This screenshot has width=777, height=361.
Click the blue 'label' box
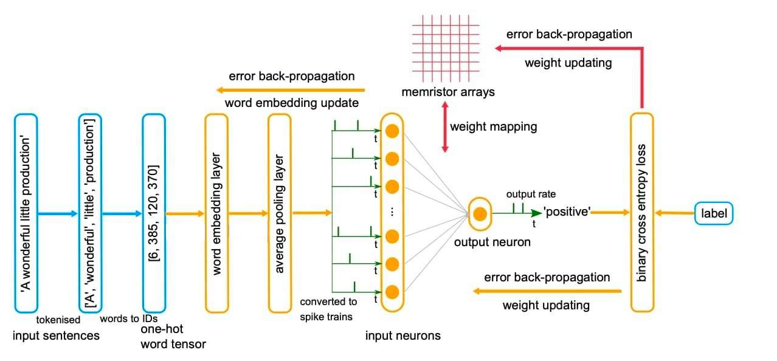click(x=714, y=213)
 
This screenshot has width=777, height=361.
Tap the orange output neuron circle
click(x=480, y=214)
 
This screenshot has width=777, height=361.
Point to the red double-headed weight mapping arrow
click(x=444, y=127)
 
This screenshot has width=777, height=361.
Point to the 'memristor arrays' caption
click(x=440, y=92)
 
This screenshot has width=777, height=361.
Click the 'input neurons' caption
click(x=403, y=335)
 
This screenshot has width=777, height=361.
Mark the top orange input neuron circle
click(x=392, y=131)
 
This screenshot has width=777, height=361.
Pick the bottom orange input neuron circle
click(x=392, y=291)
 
